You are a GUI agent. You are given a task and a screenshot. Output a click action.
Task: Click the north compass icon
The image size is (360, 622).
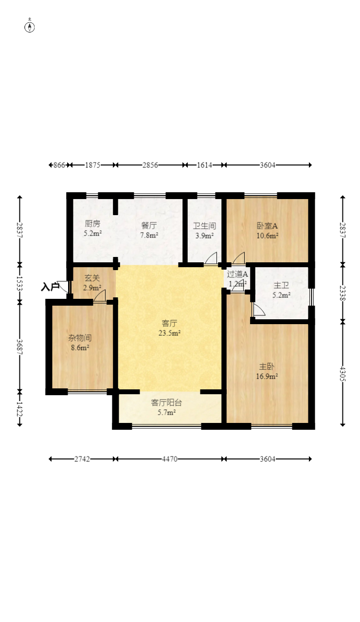tap(30, 27)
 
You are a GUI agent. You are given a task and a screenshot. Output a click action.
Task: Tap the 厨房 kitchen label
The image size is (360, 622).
tap(92, 223)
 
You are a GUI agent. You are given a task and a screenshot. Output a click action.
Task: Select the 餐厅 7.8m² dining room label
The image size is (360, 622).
tap(149, 230)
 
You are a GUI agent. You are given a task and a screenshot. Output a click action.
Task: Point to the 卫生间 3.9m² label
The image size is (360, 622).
tap(204, 231)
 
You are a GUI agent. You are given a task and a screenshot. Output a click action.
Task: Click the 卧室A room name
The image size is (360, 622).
tap(267, 226)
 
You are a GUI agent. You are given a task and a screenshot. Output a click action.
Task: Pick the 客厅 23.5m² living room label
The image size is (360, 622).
tap(170, 328)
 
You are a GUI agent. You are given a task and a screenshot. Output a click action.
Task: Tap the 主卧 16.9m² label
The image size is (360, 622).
tap(267, 371)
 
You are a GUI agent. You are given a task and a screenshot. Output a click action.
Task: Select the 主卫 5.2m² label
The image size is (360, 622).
tap(282, 290)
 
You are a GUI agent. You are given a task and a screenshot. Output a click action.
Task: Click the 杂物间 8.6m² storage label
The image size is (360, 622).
tap(80, 343)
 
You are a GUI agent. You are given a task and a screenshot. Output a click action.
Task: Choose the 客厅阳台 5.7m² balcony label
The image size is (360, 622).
tap(166, 407)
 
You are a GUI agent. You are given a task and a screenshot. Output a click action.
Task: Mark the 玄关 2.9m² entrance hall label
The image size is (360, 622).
tap(92, 283)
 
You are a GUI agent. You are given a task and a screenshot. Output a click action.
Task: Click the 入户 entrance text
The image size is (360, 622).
tap(50, 287)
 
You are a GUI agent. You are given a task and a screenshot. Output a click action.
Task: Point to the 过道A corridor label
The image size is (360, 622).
tap(237, 274)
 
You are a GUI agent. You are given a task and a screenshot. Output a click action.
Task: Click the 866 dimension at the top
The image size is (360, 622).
tap(59, 165)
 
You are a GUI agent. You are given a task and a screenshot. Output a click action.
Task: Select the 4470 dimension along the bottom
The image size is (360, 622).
tap(170, 459)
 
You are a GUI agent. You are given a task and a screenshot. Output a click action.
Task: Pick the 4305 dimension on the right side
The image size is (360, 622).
tap(343, 374)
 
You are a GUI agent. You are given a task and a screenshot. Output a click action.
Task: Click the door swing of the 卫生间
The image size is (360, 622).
tap(211, 258)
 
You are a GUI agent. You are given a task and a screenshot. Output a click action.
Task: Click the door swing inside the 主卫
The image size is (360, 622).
tap(259, 310)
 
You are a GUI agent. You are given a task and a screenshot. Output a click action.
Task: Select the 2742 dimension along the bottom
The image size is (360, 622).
tap(82, 459)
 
